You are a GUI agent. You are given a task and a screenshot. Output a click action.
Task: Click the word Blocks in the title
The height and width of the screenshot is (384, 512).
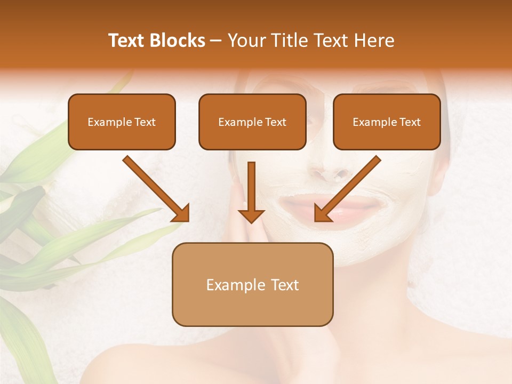[179, 41]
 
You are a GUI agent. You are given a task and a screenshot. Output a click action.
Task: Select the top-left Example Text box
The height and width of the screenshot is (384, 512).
[122, 122]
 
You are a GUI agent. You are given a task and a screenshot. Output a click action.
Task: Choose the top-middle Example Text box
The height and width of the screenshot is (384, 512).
[252, 122]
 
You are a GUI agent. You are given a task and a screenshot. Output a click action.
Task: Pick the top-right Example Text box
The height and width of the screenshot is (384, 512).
[387, 122]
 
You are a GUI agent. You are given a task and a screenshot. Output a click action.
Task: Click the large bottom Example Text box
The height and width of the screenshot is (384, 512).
[252, 284]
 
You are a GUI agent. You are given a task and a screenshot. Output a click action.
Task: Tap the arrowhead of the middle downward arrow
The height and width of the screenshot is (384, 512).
[251, 215]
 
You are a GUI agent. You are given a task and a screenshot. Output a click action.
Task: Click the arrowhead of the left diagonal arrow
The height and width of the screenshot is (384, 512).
[181, 213]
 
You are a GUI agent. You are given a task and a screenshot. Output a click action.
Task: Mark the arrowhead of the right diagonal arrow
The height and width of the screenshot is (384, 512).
[322, 213]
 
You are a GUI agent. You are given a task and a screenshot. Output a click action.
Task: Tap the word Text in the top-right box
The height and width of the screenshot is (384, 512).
[410, 122]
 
